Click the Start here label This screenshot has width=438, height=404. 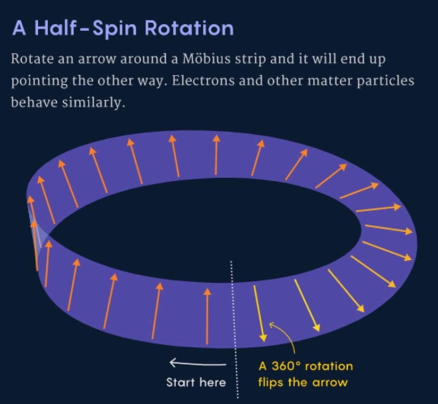(196, 382)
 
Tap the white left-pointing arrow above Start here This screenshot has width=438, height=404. (197, 363)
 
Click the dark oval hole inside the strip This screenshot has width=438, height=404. (207, 228)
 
